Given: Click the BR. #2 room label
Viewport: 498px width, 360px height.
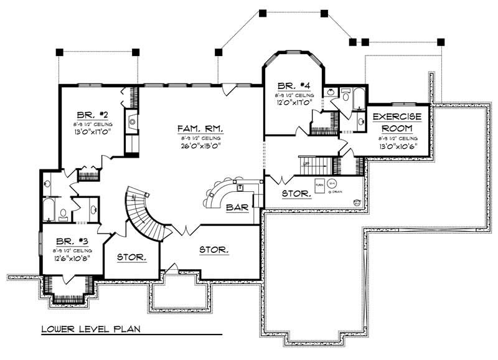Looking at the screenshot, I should coord(93,115).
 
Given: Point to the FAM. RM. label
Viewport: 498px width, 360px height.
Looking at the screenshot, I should coord(199,128).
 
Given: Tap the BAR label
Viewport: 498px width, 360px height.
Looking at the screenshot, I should coord(238,207).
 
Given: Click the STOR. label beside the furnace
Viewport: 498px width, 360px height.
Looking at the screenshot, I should coord(296,194).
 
